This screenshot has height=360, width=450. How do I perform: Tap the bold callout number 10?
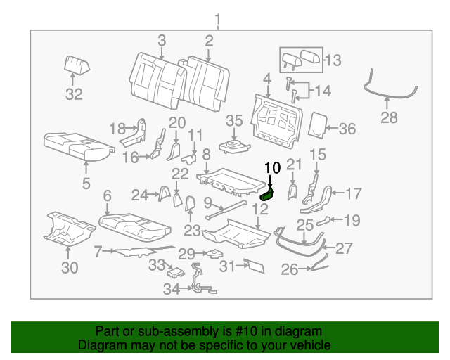pyautogui.click(x=272, y=167)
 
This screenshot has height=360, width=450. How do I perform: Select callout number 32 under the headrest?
pyautogui.click(x=75, y=94)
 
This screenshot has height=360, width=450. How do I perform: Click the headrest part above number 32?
pyautogui.click(x=77, y=65)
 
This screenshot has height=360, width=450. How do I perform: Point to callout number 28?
pyautogui.click(x=389, y=117)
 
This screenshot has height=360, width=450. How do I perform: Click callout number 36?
pyautogui.click(x=347, y=129)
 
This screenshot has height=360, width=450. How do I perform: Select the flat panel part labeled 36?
pyautogui.click(x=319, y=124)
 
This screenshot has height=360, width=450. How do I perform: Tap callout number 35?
pyautogui.click(x=234, y=120)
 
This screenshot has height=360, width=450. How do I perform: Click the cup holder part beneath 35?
pyautogui.click(x=233, y=146)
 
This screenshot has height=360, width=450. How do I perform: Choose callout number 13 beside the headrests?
pyautogui.click(x=333, y=60)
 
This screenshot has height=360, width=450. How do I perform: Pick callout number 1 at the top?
pyautogui.click(x=217, y=18)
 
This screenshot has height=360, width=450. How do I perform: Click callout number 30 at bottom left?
pyautogui.click(x=69, y=266)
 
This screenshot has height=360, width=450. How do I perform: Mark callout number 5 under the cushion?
pyautogui.click(x=86, y=185)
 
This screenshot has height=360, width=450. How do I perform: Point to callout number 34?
pyautogui.click(x=172, y=288)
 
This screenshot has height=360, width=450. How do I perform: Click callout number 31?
pyautogui.click(x=226, y=266)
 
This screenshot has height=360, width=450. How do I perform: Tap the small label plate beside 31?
pyautogui.click(x=254, y=265)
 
